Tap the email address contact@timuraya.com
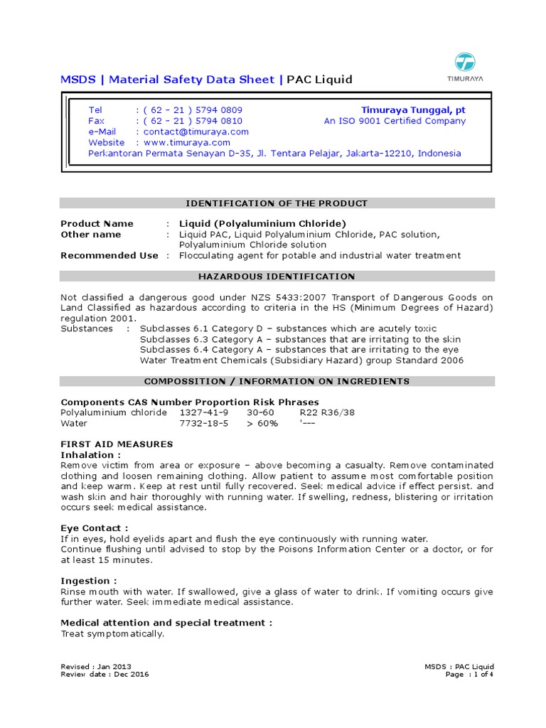pyautogui.click(x=196, y=132)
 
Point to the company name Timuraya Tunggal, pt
pyautogui.click(x=413, y=110)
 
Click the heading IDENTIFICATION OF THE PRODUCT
pyautogui.click(x=277, y=203)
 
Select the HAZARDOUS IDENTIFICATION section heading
pyautogui.click(x=277, y=277)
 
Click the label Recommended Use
pyautogui.click(x=109, y=255)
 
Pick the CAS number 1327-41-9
pyautogui.click(x=204, y=412)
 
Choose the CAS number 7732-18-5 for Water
pyautogui.click(x=204, y=423)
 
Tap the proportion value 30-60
pyautogui.click(x=260, y=412)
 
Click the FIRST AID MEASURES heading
pyautogui.click(x=117, y=444)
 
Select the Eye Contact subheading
pyautogui.click(x=95, y=528)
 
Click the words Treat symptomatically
pyautogui.click(x=112, y=633)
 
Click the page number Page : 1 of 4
pyautogui.click(x=469, y=674)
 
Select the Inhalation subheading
pyautogui.click(x=91, y=454)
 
